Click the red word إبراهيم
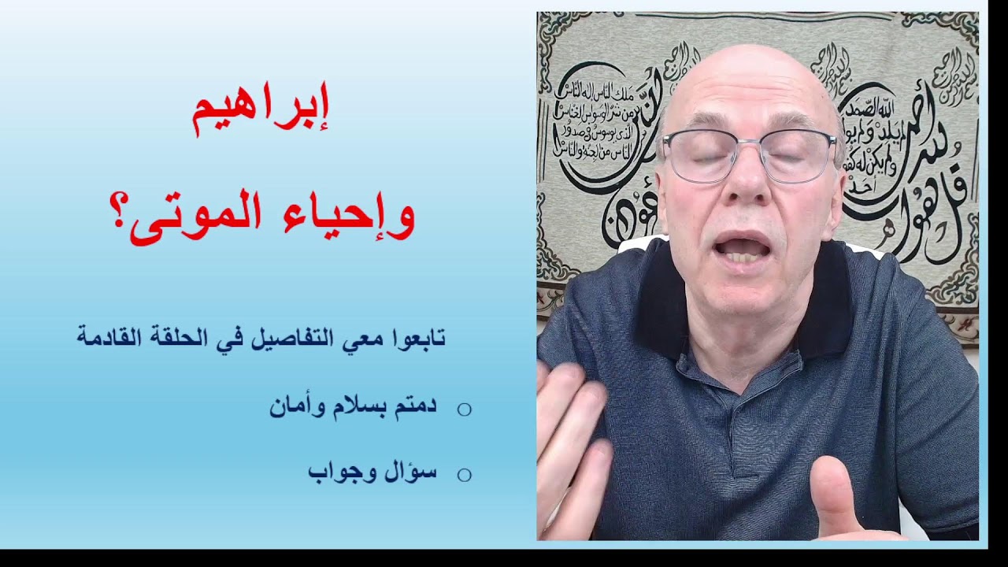coord(261,113)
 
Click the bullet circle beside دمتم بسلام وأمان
coord(465,409)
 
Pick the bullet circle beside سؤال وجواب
coord(465,474)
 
